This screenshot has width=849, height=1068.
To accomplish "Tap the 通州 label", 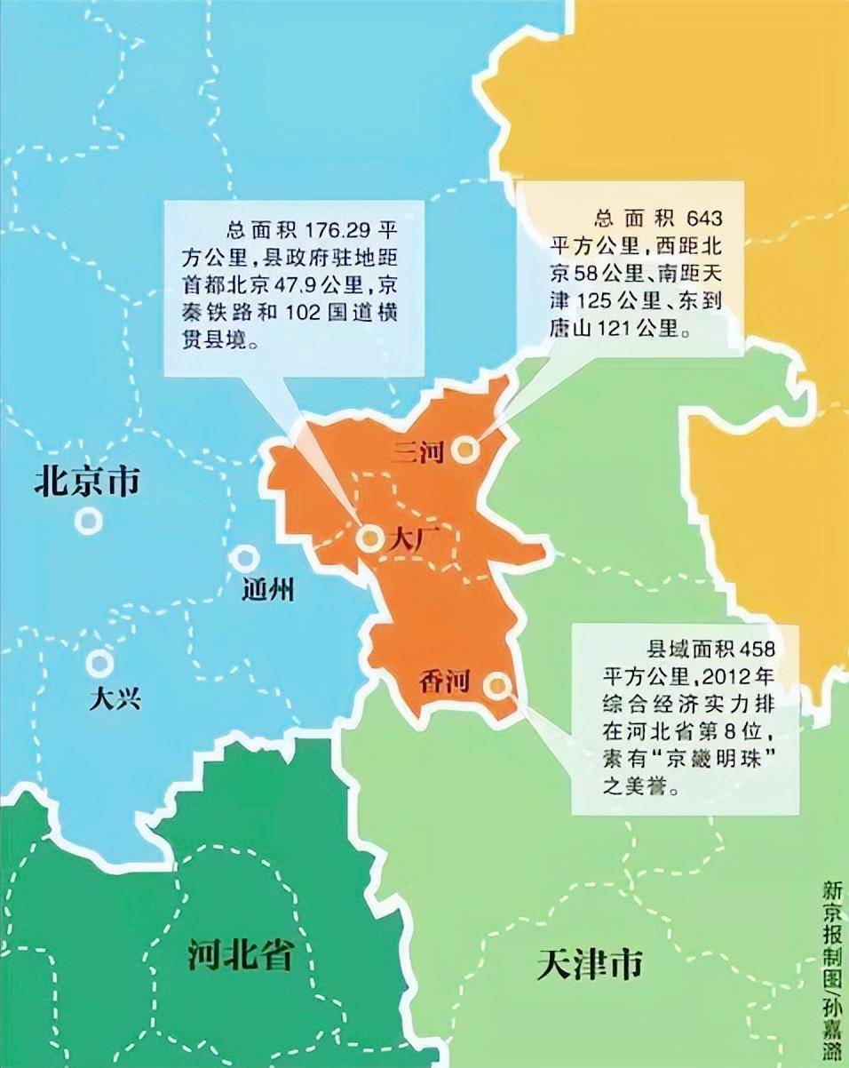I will click(x=267, y=590).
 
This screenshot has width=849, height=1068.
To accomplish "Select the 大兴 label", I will click(x=115, y=699).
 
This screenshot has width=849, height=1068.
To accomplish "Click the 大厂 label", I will click(x=410, y=539).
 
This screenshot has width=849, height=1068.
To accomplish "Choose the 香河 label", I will click(x=444, y=682).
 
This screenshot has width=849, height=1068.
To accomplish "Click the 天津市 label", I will click(x=590, y=963).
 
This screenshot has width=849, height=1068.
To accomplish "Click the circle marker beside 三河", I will click(x=464, y=450).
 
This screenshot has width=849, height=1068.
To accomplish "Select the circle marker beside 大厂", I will click(x=369, y=538).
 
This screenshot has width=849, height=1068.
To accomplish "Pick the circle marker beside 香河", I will click(x=498, y=684).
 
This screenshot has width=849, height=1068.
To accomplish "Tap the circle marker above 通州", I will click(x=243, y=559).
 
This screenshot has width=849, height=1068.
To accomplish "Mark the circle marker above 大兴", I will click(x=99, y=663).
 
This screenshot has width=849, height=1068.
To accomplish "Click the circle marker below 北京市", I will click(x=87, y=520).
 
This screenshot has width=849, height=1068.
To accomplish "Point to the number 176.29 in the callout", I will click(x=329, y=228).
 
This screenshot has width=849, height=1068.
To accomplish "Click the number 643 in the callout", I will click(x=704, y=219).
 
